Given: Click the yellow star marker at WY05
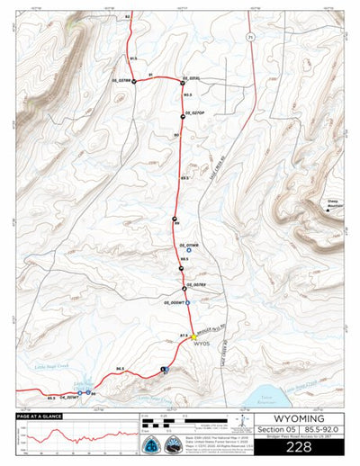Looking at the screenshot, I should [x=193, y=336].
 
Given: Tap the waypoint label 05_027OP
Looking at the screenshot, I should [x=195, y=112].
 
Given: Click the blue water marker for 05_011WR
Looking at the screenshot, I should [x=189, y=250].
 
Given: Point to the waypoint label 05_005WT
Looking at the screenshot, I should [x=175, y=302].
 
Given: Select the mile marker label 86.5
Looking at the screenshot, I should [x=121, y=368].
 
